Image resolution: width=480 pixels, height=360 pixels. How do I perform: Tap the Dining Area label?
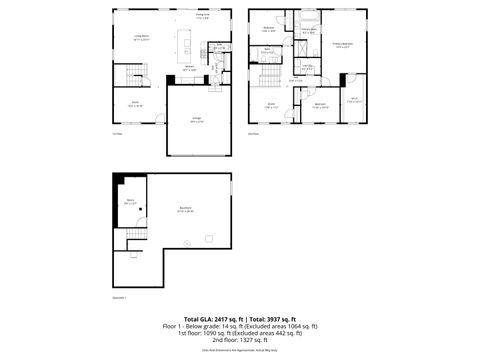click(201, 16)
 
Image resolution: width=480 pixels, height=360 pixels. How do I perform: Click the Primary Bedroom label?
click(341, 45)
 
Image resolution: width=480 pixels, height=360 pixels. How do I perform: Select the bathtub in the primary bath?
click(307, 18)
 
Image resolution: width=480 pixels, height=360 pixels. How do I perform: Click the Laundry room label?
click(307, 68)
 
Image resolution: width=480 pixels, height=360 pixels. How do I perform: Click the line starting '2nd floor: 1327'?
click(240, 340)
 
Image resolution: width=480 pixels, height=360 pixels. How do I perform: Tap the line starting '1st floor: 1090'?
click(240, 333)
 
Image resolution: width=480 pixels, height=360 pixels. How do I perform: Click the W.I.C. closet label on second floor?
click(354, 99)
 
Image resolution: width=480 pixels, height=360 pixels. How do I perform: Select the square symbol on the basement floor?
click(209, 236)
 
